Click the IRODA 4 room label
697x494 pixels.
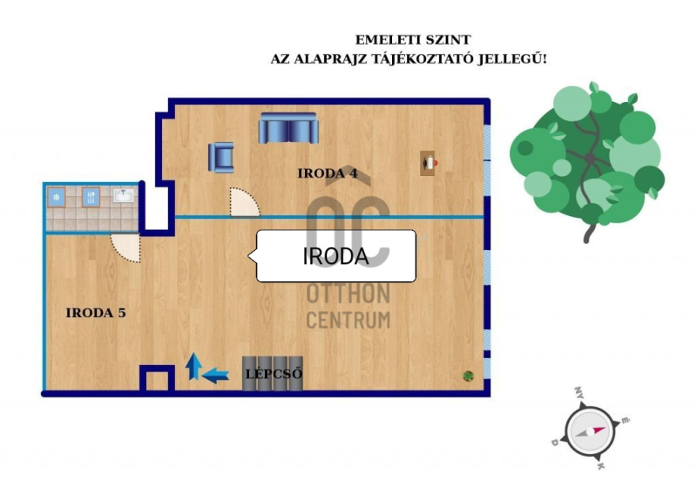click(x=328, y=173)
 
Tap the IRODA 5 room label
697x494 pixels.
click(x=96, y=313)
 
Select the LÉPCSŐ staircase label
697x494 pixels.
click(x=274, y=374)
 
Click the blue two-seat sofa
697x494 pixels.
click(x=288, y=128)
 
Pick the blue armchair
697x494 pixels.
click(x=221, y=157)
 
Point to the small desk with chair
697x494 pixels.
click(x=429, y=163)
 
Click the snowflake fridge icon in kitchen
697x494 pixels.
click(x=57, y=197)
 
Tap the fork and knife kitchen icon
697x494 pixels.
click(x=91, y=197)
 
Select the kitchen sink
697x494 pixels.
click(x=123, y=195)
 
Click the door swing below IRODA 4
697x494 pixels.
click(x=245, y=202)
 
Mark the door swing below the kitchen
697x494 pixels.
click(x=125, y=247)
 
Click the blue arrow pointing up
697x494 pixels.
click(x=193, y=366)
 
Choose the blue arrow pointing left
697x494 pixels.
click(x=215, y=376)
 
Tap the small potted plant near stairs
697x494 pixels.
click(x=468, y=376)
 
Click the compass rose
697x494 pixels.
click(x=591, y=430)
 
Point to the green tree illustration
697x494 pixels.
click(x=587, y=158)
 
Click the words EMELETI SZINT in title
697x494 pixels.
click(x=412, y=40)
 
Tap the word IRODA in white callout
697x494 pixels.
click(x=335, y=256)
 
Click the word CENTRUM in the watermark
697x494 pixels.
click(x=348, y=320)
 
